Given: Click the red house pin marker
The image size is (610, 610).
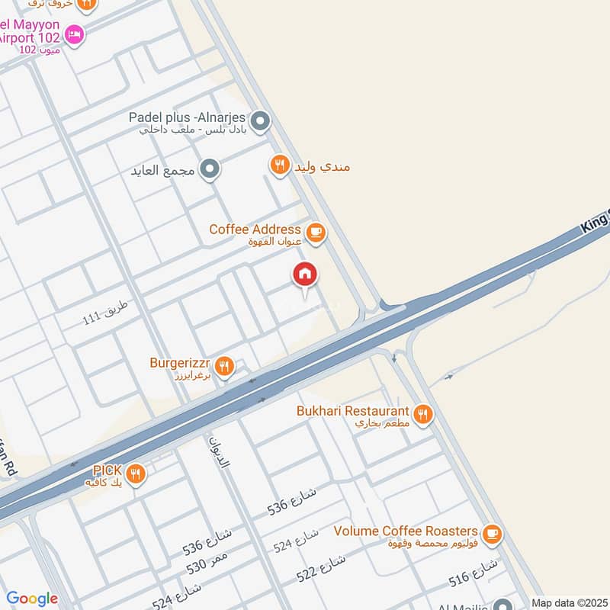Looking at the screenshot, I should pos(305,275).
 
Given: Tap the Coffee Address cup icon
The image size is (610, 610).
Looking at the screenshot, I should pos(315,231).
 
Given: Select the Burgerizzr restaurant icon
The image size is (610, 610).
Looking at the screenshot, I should pos(223,367).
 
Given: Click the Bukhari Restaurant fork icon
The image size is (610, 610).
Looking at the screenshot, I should pos(423,414).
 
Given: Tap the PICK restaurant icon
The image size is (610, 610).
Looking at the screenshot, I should pos(136,474).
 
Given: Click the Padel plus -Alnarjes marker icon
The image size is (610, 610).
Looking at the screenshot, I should pos(261,120).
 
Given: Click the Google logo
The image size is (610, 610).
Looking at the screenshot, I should pos(32,599).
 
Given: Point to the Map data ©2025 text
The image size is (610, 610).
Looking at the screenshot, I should pos(568,602).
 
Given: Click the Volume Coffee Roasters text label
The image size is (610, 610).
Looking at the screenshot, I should pos(406,531).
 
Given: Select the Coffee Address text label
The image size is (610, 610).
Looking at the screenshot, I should pos(255,229).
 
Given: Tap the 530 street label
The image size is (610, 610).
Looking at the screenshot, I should pos(207,566).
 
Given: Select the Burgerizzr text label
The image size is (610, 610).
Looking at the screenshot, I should pos(181,363).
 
